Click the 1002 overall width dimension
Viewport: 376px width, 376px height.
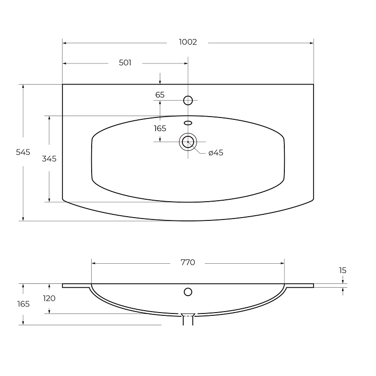pyautogui.click(x=188, y=42)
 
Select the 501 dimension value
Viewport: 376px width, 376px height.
pyautogui.click(x=125, y=63)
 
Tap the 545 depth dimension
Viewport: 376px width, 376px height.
pyautogui.click(x=23, y=152)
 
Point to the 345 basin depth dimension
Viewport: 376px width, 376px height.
pyautogui.click(x=49, y=159)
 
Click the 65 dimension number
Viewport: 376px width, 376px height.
pyautogui.click(x=160, y=95)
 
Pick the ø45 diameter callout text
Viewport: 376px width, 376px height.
pyautogui.click(x=216, y=153)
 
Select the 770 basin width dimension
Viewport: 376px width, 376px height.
pyautogui.click(x=188, y=263)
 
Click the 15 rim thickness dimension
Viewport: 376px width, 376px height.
pyautogui.click(x=343, y=271)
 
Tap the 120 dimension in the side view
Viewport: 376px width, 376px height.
pyautogui.click(x=49, y=298)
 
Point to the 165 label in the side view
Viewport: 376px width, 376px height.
pyautogui.click(x=23, y=304)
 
